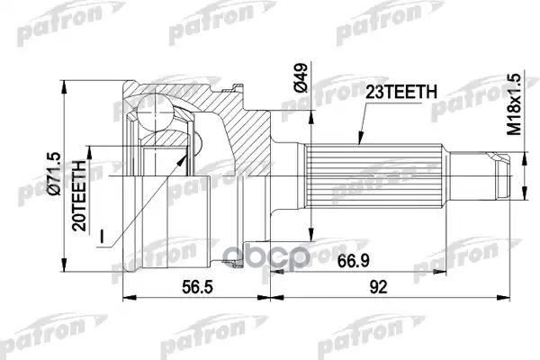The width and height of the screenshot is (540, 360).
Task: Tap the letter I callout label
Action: coord(104,236)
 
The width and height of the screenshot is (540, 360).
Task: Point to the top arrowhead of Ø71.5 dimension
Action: coord(68,76)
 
